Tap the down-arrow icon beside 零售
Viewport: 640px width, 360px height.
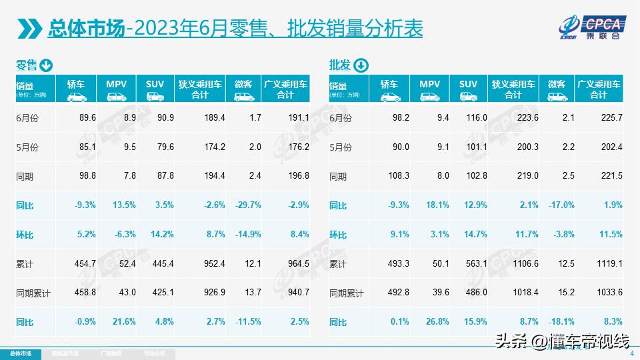(x=46, y=65)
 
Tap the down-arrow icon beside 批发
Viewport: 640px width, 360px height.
(x=360, y=65)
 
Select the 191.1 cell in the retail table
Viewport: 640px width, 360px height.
(x=297, y=117)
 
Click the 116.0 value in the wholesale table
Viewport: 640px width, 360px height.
(x=468, y=117)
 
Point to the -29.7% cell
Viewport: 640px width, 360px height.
(x=247, y=205)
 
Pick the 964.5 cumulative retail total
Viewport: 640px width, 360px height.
(x=297, y=264)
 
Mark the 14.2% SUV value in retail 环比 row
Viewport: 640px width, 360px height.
(x=155, y=235)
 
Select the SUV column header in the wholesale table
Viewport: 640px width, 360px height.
(x=468, y=84)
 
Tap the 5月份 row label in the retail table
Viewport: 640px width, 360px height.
(x=27, y=147)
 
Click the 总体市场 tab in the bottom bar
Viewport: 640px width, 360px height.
(x=19, y=353)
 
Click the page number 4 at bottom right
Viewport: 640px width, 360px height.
(x=631, y=354)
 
